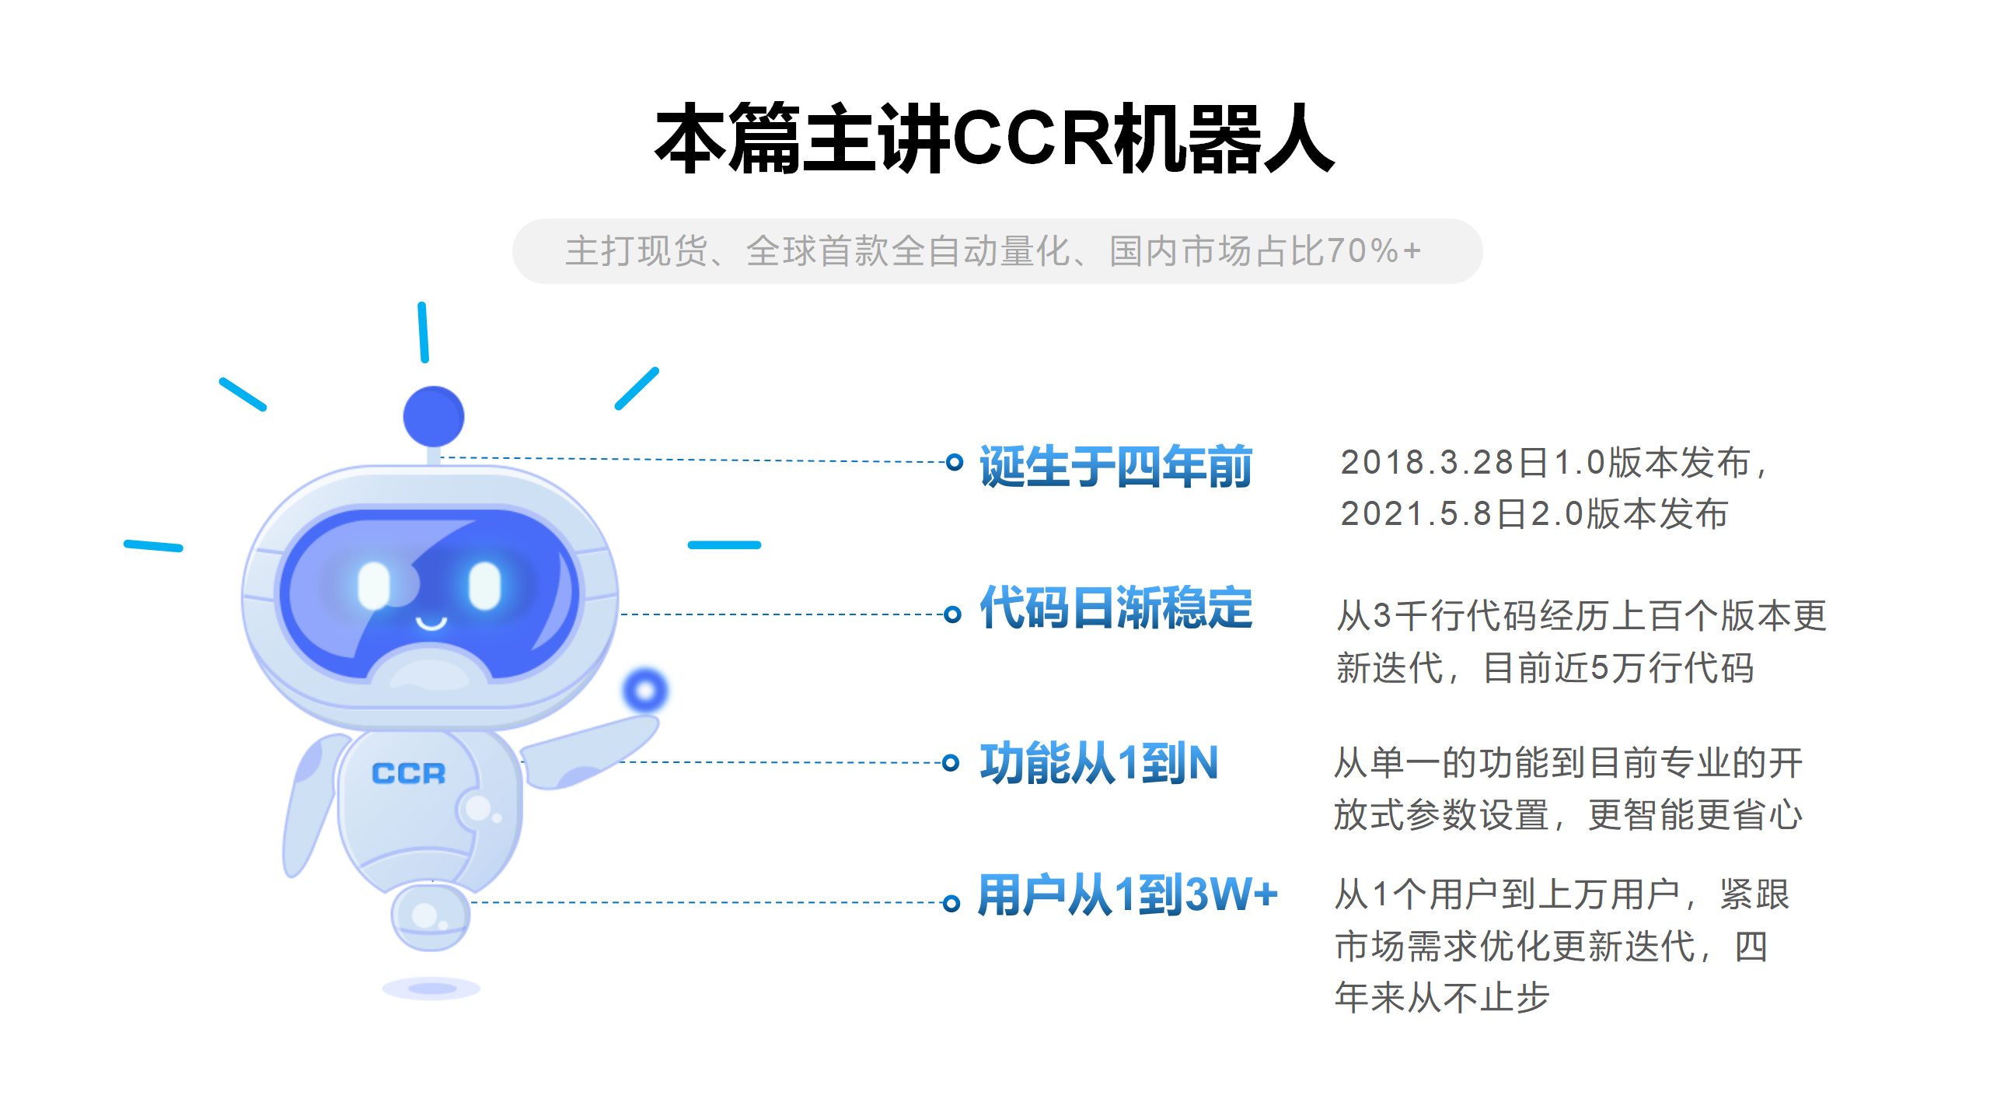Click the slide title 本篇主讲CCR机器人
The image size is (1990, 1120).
pyautogui.click(x=995, y=138)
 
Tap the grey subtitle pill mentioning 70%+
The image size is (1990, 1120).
pyautogui.click(x=997, y=251)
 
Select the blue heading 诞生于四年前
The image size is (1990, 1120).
pyautogui.click(x=1115, y=467)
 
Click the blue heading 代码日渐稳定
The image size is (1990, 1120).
pyautogui.click(x=1115, y=607)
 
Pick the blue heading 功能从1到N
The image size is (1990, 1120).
pyautogui.click(x=1098, y=763)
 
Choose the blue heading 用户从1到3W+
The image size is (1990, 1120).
pyautogui.click(x=1127, y=894)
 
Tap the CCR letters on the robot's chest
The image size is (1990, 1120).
pyautogui.click(x=409, y=774)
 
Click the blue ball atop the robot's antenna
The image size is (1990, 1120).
pyautogui.click(x=434, y=416)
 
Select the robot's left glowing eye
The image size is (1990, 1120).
pyautogui.click(x=373, y=586)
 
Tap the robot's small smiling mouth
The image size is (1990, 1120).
pyautogui.click(x=431, y=623)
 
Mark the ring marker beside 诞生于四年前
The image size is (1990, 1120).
pyautogui.click(x=955, y=462)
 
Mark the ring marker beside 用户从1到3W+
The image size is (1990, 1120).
pyautogui.click(x=951, y=903)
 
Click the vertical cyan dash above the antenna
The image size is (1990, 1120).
pyautogui.click(x=423, y=332)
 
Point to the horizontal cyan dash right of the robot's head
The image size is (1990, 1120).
pyautogui.click(x=724, y=545)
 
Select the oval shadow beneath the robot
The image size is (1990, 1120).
pyautogui.click(x=431, y=989)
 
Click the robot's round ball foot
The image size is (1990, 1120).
pyautogui.click(x=430, y=917)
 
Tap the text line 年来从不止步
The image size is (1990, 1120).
pyautogui.click(x=1443, y=998)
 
